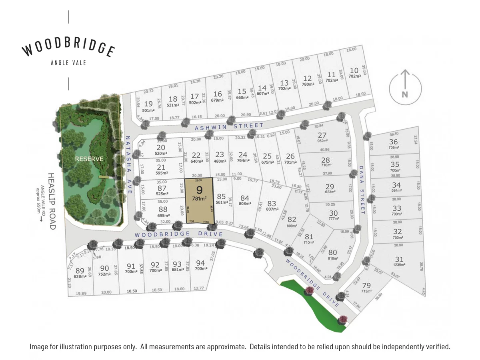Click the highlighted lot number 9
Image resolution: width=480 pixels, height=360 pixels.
(199, 190)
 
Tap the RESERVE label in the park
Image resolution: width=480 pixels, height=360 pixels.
(89, 159)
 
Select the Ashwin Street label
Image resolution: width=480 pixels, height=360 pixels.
(229, 127)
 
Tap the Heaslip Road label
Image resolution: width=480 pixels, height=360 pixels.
(52, 201)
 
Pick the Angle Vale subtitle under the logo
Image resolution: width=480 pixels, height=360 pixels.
(68, 63)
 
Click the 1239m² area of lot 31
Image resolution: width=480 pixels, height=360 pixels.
(399, 265)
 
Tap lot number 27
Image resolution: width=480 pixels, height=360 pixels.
(322, 135)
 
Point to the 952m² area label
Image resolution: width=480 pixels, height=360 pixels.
(322, 141)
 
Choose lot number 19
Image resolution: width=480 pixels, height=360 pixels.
(148, 104)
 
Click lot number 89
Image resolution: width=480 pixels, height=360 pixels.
(80, 270)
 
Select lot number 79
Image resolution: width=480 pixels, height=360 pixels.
(366, 286)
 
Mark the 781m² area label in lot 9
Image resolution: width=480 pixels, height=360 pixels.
(199, 198)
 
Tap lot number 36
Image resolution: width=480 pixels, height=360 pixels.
(394, 142)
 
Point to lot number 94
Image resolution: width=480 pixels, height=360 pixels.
(200, 263)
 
